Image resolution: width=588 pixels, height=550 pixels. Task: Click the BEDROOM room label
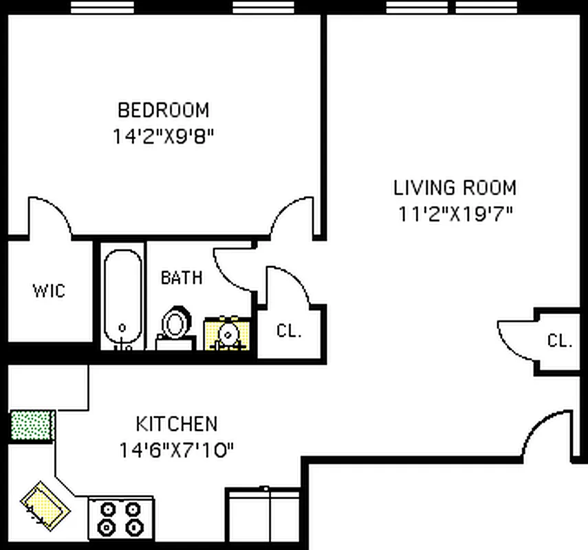point(163,110)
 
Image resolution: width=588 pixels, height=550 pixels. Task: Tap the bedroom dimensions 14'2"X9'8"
point(163,135)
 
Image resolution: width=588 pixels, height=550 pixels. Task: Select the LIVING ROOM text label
point(455,188)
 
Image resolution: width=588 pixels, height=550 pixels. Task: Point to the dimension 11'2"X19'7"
point(455,214)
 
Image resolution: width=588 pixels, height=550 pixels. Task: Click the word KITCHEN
point(176,423)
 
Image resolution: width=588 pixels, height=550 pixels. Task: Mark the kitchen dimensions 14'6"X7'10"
point(176,450)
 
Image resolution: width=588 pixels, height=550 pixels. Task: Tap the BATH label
point(182,278)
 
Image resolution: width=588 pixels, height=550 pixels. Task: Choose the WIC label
point(49,291)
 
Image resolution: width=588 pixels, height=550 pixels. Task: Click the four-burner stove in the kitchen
point(120,518)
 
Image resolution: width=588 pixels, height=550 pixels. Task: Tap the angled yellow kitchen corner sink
point(44,506)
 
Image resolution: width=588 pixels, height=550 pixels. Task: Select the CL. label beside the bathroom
point(289,331)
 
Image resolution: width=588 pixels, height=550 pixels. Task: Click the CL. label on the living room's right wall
point(560,340)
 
